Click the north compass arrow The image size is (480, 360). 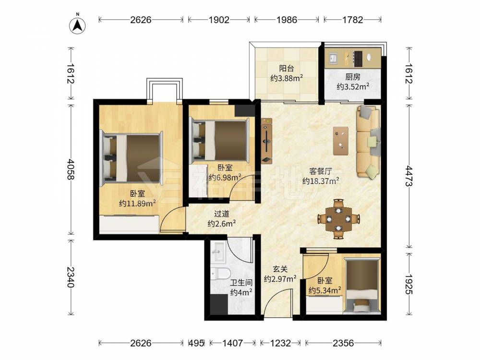[x=77, y=25]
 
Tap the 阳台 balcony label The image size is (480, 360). [x=286, y=68]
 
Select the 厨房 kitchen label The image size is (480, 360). [x=353, y=77]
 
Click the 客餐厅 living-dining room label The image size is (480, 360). [x=321, y=171]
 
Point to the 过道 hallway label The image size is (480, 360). [x=222, y=214]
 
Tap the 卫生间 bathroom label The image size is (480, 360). [x=241, y=283]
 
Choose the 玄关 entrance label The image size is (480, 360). [x=280, y=269]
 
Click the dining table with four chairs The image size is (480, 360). [x=338, y=219]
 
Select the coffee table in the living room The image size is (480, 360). [x=341, y=141]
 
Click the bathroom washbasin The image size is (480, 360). [x=218, y=252]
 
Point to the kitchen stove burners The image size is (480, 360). [x=358, y=59]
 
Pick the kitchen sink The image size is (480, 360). [x=333, y=58]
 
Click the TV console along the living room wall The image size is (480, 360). [x=266, y=141]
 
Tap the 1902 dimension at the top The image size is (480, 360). [x=219, y=20]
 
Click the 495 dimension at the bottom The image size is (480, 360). [x=196, y=343]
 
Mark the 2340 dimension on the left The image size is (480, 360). [x=71, y=277]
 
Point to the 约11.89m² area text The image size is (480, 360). [x=137, y=203]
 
